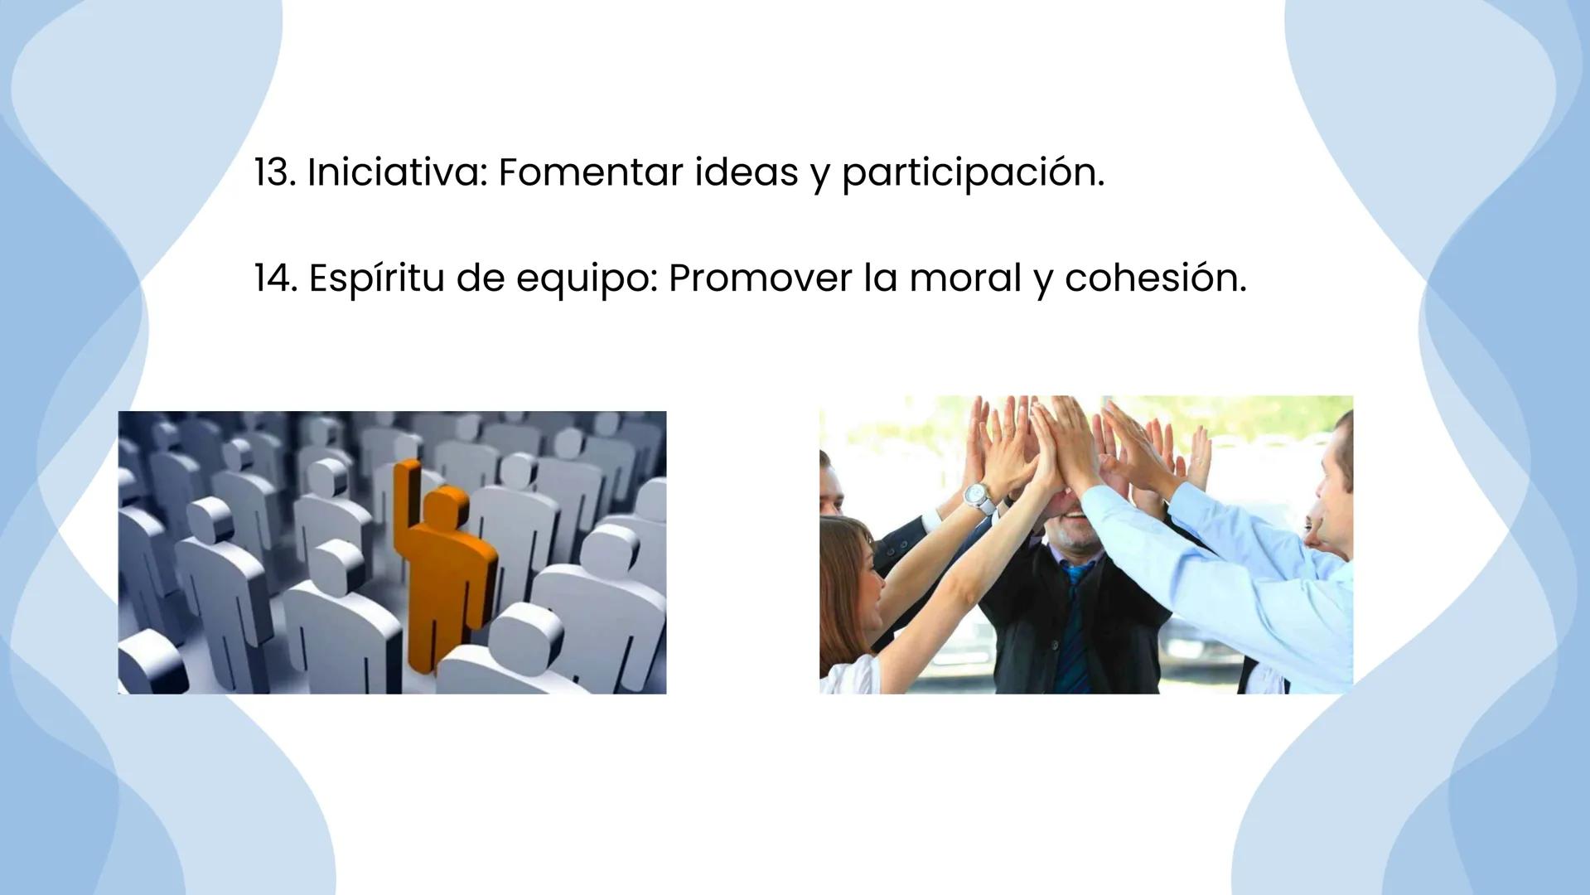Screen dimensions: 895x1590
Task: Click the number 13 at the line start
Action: point(273,172)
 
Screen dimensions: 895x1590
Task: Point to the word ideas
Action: point(746,172)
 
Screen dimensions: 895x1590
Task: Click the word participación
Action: point(973,174)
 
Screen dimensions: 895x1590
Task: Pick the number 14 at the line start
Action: point(274,278)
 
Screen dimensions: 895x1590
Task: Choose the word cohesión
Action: point(1155,278)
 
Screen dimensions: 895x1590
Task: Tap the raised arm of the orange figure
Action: point(404,497)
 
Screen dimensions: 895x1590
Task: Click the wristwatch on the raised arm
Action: point(979,496)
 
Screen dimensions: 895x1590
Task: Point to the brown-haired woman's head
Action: point(849,572)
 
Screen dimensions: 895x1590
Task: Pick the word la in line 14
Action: point(880,278)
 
